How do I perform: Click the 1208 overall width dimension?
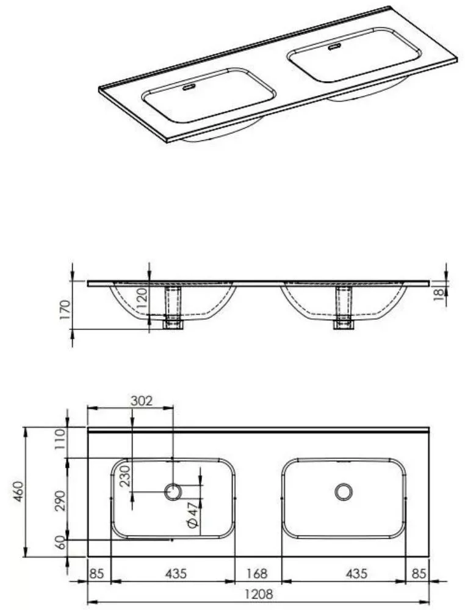tap(259, 594)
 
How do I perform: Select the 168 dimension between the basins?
tap(257, 573)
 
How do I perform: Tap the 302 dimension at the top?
tap(141, 401)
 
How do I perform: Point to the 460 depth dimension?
tap(18, 491)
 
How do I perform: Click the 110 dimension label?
tap(60, 439)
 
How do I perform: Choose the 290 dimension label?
tap(60, 501)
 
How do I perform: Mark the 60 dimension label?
tap(60, 542)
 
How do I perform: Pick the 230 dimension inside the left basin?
tap(125, 476)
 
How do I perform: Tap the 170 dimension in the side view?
tap(65, 309)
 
